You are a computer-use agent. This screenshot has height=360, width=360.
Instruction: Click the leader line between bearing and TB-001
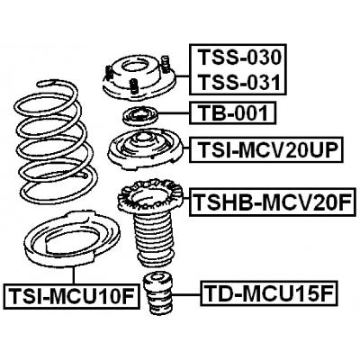[x=174, y=114]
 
